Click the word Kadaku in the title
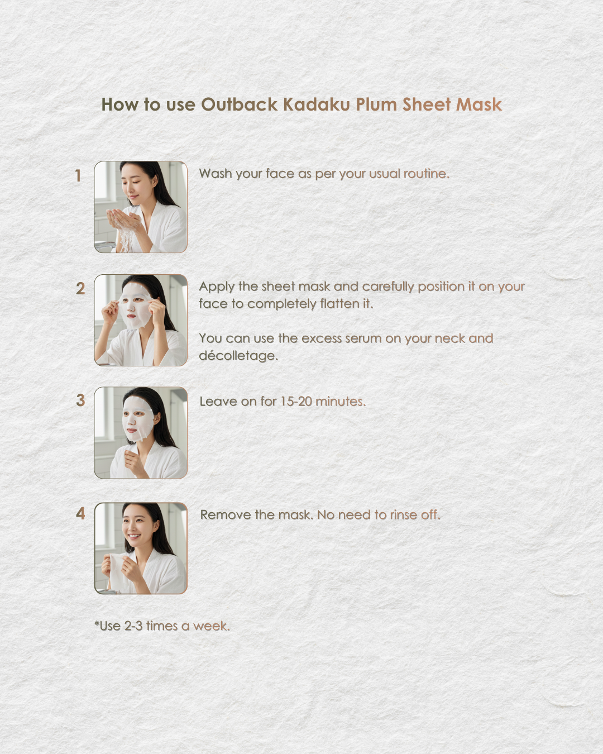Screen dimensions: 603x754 click(317, 104)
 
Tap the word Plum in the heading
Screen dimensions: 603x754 click(376, 105)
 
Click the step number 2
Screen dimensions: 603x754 click(80, 289)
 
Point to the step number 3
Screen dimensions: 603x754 click(80, 400)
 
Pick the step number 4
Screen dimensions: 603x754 click(80, 514)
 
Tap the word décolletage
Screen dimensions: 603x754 click(238, 356)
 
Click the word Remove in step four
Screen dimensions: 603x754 click(226, 515)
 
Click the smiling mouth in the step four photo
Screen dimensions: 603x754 click(134, 536)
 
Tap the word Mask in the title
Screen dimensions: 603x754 click(478, 104)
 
